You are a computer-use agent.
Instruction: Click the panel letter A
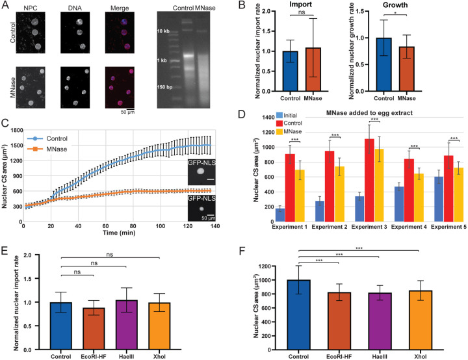5,6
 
